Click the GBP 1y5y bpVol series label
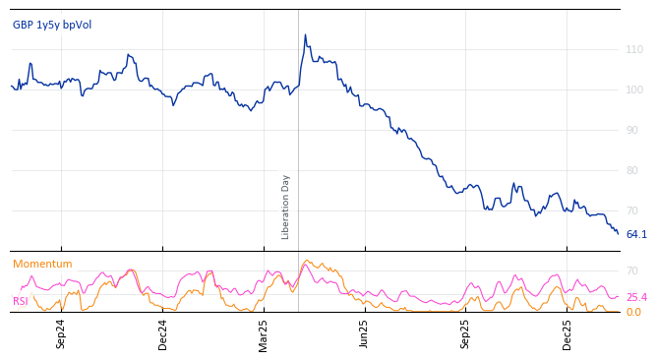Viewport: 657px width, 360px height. tap(52, 25)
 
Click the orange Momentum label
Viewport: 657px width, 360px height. tap(42, 264)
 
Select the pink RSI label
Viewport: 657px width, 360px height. tap(21, 301)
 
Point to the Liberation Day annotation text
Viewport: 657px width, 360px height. tap(286, 208)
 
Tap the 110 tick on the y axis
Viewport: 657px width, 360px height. tap(634, 49)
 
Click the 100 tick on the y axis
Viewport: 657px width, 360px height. tap(634, 90)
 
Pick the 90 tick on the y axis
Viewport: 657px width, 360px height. tap(634, 130)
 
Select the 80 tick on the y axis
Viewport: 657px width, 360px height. tap(634, 170)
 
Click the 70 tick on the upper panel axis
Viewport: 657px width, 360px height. tap(634, 210)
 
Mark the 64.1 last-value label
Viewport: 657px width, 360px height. tap(636, 234)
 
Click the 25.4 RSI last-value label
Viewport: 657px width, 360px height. tap(636, 297)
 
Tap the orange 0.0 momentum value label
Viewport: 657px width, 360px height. tap(633, 312)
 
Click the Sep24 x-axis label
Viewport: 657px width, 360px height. tap(61, 334)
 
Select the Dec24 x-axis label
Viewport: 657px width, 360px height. tap(163, 334)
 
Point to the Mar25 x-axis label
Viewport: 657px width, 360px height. tap(264, 334)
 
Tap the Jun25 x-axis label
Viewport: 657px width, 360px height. tap(364, 334)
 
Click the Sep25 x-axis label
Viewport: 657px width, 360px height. tap(465, 334)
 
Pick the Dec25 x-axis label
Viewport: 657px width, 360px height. tap(567, 334)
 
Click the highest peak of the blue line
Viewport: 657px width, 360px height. tap(305, 35)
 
